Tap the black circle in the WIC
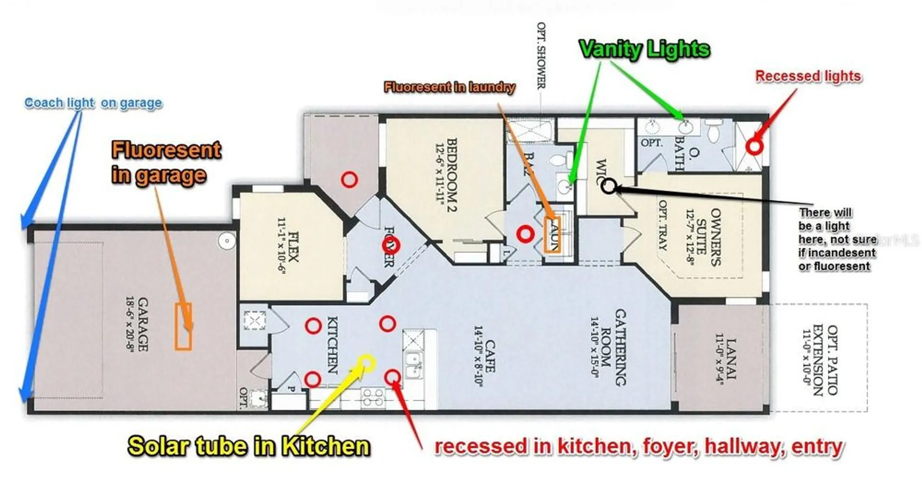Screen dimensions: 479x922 pos(609,186)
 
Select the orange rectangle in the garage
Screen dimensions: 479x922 pos(183,327)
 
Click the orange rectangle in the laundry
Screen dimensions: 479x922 pos(552,235)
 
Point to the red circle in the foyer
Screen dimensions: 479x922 pos(391,245)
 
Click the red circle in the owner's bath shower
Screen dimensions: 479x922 pos(754,147)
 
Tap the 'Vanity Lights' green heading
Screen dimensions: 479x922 pos(644,49)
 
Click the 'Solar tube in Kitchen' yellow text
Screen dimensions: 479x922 pos(249,446)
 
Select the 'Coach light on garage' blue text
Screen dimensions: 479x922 pos(93,103)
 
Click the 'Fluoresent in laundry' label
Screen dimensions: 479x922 pos(449,87)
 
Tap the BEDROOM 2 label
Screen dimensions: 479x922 pos(445,175)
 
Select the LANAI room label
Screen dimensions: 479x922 pos(726,359)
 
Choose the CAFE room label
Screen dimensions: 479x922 pos(484,356)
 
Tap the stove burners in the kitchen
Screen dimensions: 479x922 pos(373,397)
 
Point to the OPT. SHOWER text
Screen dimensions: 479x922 pos(541,55)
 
